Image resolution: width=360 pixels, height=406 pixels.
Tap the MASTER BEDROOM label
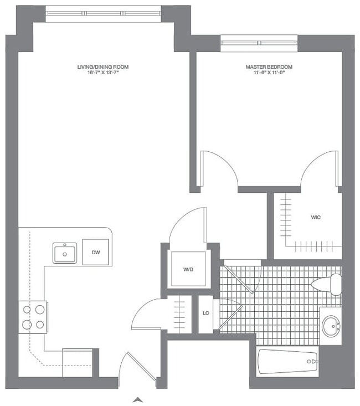point(269,67)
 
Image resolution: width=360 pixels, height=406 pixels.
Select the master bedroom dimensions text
point(269,73)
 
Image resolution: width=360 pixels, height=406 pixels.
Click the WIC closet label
point(316,217)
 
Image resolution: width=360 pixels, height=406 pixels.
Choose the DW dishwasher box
point(96,253)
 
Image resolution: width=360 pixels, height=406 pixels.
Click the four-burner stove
point(33,317)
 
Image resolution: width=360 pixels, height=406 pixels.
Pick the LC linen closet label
point(205,314)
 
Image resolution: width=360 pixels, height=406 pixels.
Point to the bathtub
point(288,362)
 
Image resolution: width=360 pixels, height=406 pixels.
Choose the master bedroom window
point(259,42)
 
